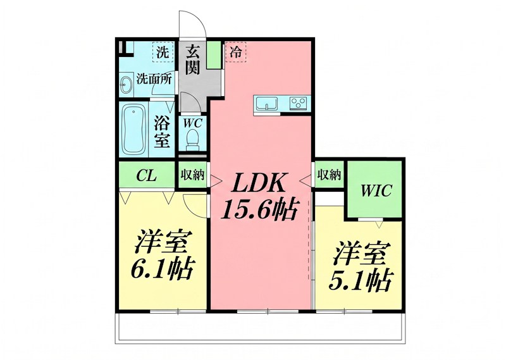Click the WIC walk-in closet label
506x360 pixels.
point(376,190)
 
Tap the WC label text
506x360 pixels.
point(192,123)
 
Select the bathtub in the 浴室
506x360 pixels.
point(133,130)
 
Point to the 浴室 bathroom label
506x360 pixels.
point(163,132)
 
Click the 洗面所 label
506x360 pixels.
point(154,80)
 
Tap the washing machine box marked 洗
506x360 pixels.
point(163,53)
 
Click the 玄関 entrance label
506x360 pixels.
point(193,58)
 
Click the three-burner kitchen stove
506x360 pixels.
point(298,103)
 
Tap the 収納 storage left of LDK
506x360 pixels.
point(192,175)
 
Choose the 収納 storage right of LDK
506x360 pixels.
point(329,175)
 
